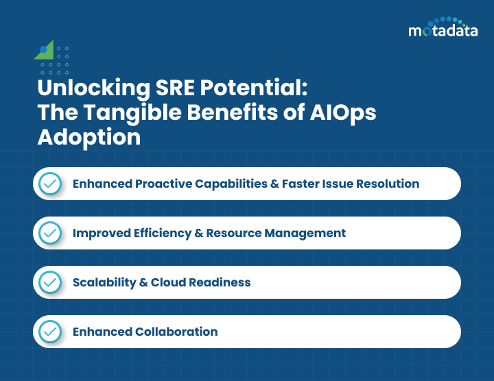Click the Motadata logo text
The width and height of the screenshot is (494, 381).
(x=443, y=31)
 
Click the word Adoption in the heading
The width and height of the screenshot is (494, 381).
(x=89, y=136)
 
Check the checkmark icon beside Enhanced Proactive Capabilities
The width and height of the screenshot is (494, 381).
(x=49, y=184)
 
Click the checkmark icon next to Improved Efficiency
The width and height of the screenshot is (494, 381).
(x=49, y=233)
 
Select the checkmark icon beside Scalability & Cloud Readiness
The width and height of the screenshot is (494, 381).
(x=49, y=282)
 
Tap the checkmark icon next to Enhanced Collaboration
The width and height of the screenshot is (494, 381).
(x=49, y=332)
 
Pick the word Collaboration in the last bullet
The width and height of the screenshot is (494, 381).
(x=176, y=332)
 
